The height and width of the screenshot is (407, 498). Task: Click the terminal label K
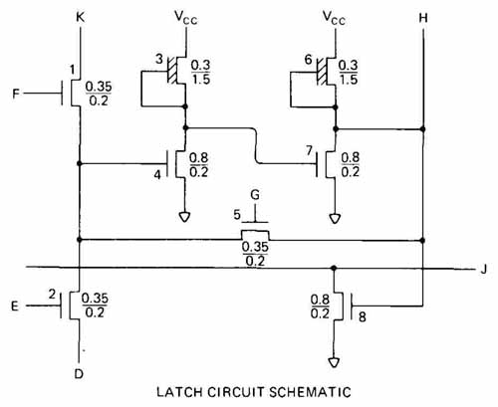point(81,17)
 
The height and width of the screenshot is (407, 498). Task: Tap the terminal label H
point(423,18)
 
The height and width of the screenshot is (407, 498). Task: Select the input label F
point(16,94)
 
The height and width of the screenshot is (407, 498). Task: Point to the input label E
point(15,305)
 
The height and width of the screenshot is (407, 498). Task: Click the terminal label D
point(79,374)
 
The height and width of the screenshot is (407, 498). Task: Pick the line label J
point(483,269)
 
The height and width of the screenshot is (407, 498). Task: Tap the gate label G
point(255,195)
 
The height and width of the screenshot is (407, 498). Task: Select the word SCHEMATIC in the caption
point(310,392)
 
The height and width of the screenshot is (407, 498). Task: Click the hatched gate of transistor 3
point(171,71)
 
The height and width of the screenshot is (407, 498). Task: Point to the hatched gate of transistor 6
point(322,72)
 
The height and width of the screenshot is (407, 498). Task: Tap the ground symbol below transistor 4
point(184,217)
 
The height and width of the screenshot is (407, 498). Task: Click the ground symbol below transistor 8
point(334,362)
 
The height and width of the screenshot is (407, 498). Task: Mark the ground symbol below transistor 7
point(335,218)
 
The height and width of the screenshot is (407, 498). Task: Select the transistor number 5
point(237,214)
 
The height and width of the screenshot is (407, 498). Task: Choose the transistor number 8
point(363,317)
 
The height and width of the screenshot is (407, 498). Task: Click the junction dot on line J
point(335,268)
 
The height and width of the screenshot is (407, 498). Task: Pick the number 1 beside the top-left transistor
point(72,70)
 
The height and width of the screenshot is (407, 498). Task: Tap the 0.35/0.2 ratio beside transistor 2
point(95,305)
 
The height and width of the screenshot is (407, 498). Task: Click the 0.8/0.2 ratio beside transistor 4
point(198,165)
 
